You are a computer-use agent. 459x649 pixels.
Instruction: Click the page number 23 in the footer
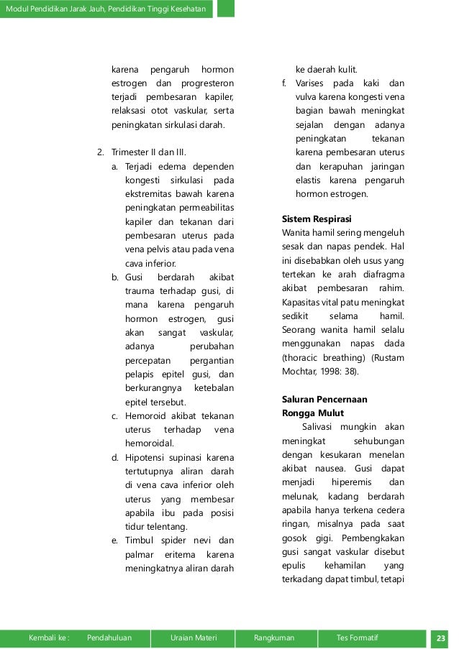440,637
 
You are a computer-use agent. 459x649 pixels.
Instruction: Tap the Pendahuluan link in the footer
109,637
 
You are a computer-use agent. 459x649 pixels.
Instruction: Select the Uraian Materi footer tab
194,637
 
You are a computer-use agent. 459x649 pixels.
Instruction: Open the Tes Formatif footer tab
357,637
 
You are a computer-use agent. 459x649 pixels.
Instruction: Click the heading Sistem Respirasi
316,218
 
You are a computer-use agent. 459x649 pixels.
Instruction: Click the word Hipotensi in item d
147,457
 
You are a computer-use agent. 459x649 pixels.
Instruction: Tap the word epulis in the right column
294,566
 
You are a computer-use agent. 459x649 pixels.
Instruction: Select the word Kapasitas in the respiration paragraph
303,303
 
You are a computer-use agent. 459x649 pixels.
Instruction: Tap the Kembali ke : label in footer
50,637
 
